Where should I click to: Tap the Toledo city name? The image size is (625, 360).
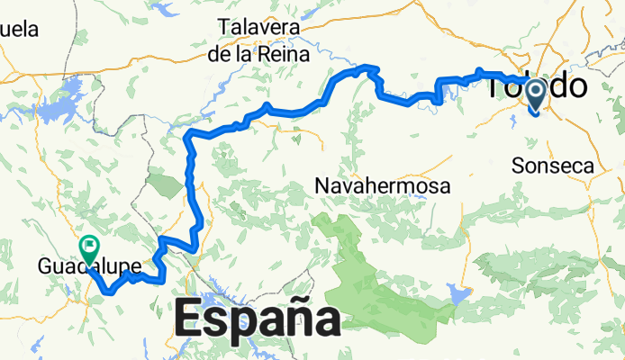[538, 87]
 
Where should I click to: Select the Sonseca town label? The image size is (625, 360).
[552, 166]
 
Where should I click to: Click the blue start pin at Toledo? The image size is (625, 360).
[536, 94]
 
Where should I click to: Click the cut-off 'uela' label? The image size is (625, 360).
[19, 29]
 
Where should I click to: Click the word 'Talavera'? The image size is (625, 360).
[258, 26]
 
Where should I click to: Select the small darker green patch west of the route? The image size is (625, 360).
[165, 184]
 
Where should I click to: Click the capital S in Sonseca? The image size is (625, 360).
[517, 166]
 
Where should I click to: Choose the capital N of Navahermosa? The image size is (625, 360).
[323, 185]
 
